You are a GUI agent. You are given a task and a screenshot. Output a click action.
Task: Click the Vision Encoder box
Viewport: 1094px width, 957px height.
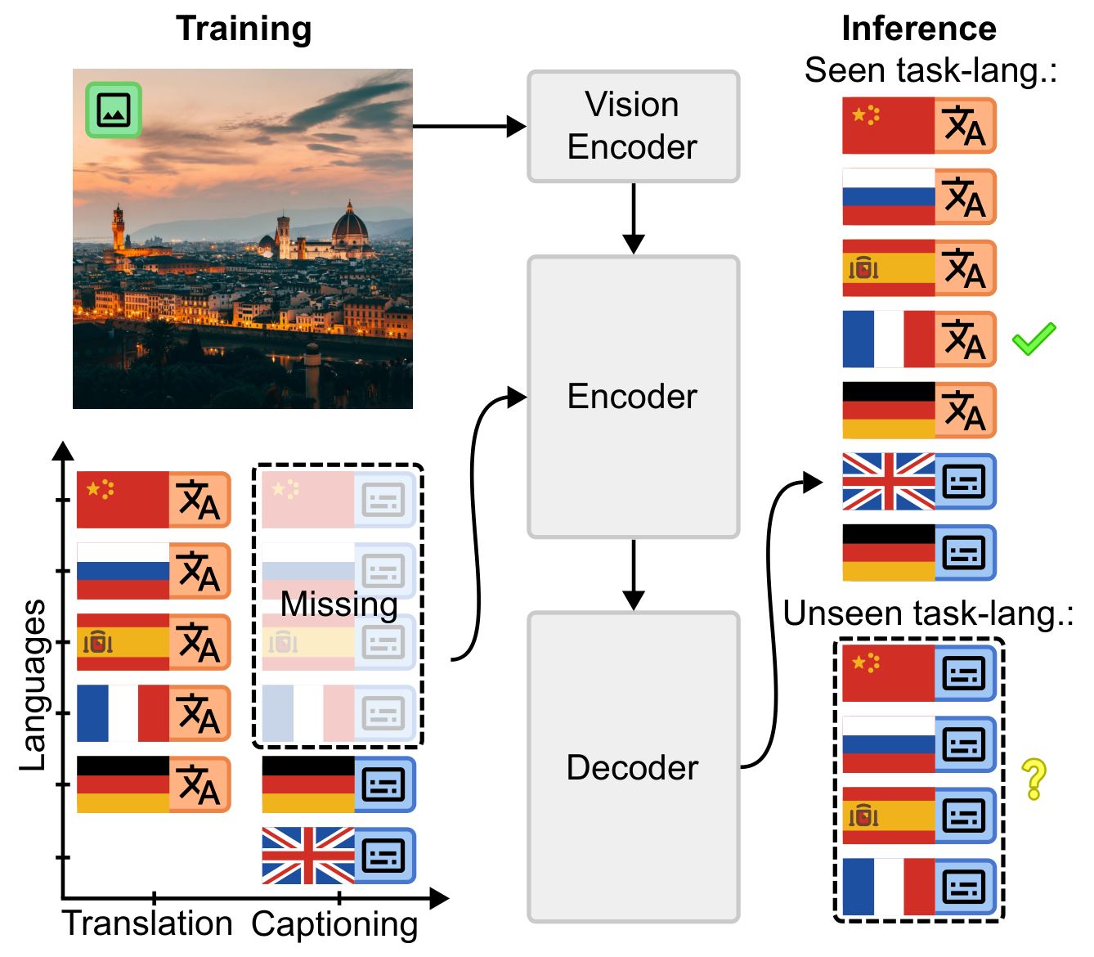[633, 127]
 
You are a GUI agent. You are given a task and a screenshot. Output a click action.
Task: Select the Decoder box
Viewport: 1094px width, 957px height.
[633, 767]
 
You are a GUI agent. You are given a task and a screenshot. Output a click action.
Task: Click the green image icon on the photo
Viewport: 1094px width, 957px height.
[114, 110]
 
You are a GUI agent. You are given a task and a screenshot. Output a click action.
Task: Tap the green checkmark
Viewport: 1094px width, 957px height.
[1033, 339]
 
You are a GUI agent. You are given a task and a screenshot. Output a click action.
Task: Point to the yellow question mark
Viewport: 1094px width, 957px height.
[1033, 779]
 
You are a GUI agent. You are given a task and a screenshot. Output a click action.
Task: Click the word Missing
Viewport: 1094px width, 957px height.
[339, 604]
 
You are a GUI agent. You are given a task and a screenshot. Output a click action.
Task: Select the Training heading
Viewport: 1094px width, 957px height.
[244, 29]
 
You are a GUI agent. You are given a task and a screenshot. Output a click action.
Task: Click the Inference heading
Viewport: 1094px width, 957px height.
[918, 29]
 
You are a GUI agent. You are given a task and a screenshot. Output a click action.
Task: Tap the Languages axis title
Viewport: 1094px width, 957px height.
[33, 685]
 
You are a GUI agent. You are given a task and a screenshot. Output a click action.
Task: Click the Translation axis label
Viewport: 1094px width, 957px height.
[148, 923]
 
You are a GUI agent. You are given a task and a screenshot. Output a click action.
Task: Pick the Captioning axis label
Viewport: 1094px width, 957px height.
[334, 924]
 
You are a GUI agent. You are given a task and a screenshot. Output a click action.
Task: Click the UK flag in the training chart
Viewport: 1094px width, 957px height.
[308, 856]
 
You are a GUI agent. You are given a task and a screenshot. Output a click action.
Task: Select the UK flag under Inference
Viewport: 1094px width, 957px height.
[889, 482]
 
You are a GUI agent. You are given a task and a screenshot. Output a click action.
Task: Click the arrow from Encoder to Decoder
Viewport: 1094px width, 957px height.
[633, 574]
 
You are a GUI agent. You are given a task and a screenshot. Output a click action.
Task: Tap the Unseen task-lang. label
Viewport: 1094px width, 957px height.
[927, 613]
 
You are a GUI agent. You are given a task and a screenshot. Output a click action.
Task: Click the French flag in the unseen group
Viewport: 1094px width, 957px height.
[889, 887]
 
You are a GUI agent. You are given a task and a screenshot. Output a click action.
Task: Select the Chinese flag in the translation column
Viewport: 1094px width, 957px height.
[123, 500]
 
